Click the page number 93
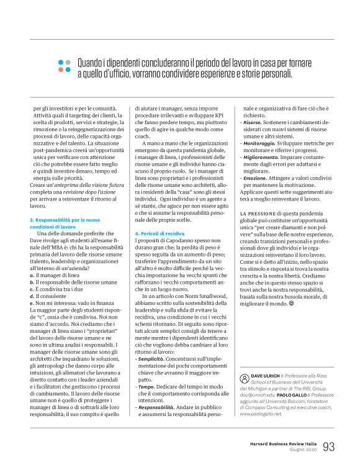[x=329, y=446]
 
